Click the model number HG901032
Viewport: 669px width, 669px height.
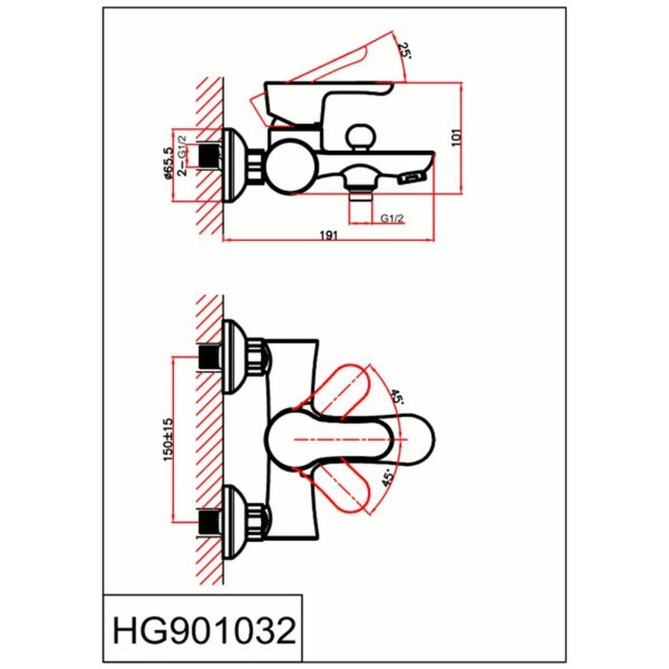pos(204,631)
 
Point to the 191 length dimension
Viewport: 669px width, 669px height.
pos(329,235)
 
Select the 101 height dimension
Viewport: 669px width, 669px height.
pos(457,138)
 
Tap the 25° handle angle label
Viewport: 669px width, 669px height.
pos(404,51)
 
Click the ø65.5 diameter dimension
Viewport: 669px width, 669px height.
pos(168,163)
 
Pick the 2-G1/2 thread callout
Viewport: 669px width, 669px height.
pos(183,156)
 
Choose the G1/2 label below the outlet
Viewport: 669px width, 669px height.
pos(392,219)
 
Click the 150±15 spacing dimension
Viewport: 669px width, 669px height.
pos(168,440)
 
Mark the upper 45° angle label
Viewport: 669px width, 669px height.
pos(397,397)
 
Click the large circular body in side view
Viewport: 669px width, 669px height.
pos(291,166)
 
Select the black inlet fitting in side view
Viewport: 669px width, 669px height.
pos(209,156)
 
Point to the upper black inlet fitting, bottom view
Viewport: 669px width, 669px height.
pos(209,357)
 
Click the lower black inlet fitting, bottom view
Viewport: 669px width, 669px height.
pos(209,522)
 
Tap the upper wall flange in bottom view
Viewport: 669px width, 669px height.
pos(234,356)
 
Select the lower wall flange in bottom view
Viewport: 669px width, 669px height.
pos(234,522)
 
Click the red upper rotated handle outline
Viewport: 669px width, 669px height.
pos(337,391)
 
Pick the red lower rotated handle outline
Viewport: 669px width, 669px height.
pos(337,487)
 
